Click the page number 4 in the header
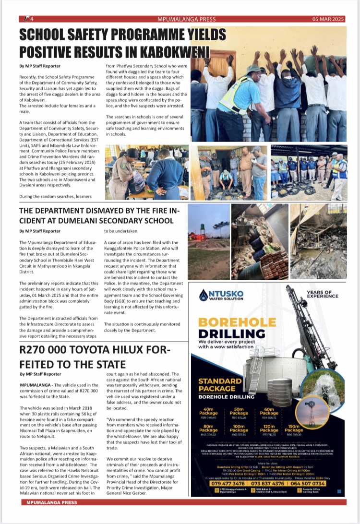click(30, 19)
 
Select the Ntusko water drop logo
click(203, 294)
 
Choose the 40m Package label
click(208, 411)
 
